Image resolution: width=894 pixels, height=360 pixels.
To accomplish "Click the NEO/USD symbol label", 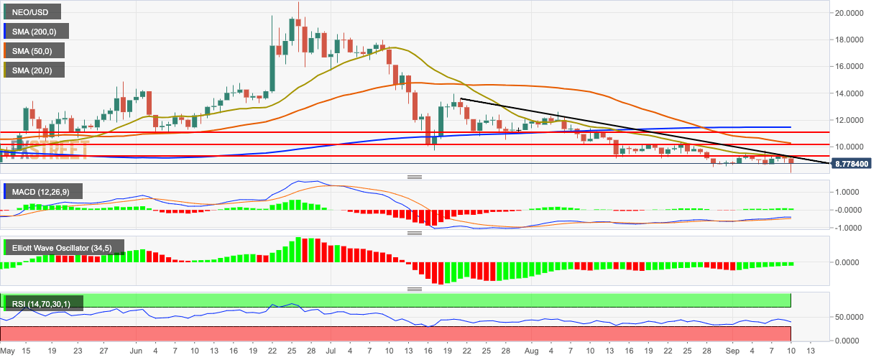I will coord(31,11).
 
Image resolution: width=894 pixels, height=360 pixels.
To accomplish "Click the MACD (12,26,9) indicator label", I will coord(42,191).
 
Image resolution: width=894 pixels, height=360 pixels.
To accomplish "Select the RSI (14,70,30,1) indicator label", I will coord(42,304).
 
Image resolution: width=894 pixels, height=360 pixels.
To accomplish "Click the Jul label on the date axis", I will coord(330,351).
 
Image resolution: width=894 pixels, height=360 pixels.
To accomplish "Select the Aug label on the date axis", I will coord(531,351).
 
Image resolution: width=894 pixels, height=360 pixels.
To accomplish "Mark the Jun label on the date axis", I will coord(137,351).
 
